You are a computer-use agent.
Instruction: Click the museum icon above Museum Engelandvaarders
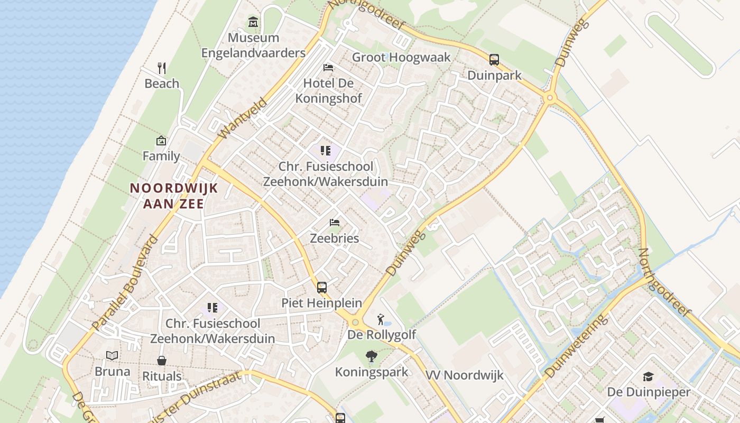(x=253, y=22)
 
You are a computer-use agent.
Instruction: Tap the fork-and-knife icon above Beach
(x=162, y=68)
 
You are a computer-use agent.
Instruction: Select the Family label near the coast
(x=161, y=156)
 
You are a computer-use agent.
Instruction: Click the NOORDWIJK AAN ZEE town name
(x=174, y=196)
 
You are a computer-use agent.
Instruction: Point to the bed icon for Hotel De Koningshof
(x=328, y=68)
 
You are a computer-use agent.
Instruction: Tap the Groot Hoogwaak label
(x=401, y=57)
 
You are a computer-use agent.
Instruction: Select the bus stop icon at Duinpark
(x=494, y=60)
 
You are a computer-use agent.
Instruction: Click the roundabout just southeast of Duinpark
(x=550, y=97)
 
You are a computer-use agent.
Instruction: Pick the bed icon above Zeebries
(x=335, y=223)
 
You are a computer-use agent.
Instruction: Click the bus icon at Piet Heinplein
(x=322, y=288)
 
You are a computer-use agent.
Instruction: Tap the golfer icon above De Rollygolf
(x=381, y=319)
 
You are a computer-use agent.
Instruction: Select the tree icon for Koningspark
(x=372, y=357)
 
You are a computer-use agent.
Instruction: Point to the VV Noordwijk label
(x=465, y=375)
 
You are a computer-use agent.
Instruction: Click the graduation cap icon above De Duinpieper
(x=648, y=376)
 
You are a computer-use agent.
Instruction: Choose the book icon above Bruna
(x=112, y=356)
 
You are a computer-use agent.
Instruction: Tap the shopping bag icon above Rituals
(x=162, y=361)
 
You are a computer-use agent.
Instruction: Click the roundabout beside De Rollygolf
(x=355, y=322)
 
